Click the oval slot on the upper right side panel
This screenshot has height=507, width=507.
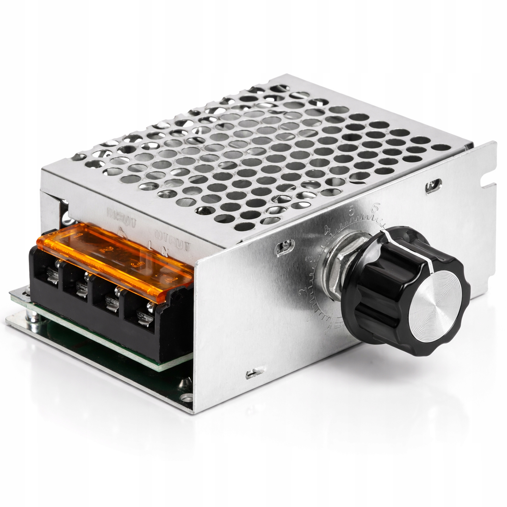point(434,186)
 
